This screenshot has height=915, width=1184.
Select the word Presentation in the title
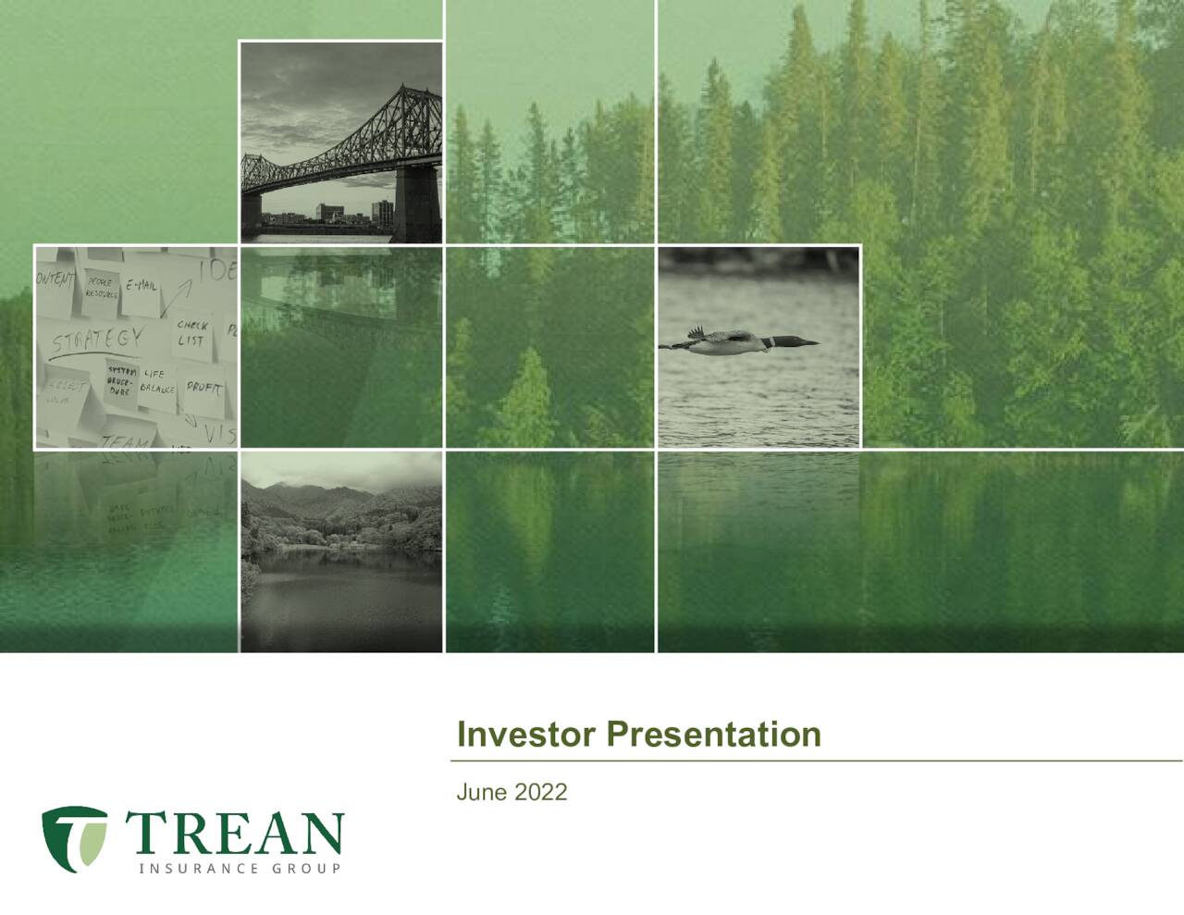click(713, 734)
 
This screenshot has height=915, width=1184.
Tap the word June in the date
click(481, 792)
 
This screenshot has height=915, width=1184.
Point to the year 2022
click(540, 792)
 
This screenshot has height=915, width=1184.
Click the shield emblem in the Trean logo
click(74, 836)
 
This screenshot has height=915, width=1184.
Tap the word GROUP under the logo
click(306, 868)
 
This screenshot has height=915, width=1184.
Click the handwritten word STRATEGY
click(97, 339)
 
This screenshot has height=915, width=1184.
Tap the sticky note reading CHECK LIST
click(192, 333)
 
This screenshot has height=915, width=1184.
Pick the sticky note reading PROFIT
click(203, 387)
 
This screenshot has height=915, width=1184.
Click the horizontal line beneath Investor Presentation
click(814, 761)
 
